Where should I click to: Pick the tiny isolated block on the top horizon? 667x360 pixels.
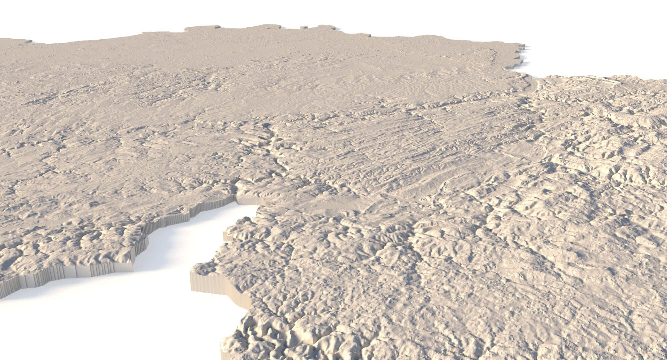[303, 28]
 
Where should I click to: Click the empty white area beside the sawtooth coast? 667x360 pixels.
[584, 43]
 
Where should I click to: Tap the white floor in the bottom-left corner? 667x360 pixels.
[33, 333]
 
